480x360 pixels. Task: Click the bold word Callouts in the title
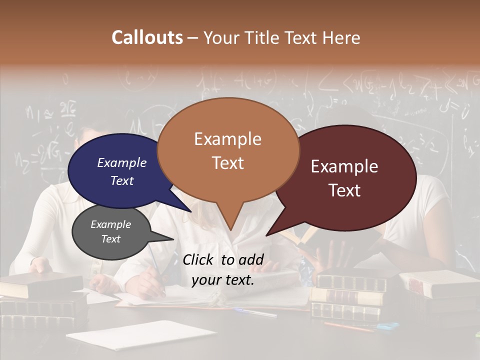(147, 37)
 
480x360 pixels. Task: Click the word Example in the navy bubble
(121, 162)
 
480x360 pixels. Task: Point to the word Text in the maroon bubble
(345, 190)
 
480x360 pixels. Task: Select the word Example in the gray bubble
(110, 224)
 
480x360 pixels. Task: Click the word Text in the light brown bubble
(227, 163)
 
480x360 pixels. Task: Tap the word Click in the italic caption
(198, 259)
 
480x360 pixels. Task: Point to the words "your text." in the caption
(222, 280)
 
